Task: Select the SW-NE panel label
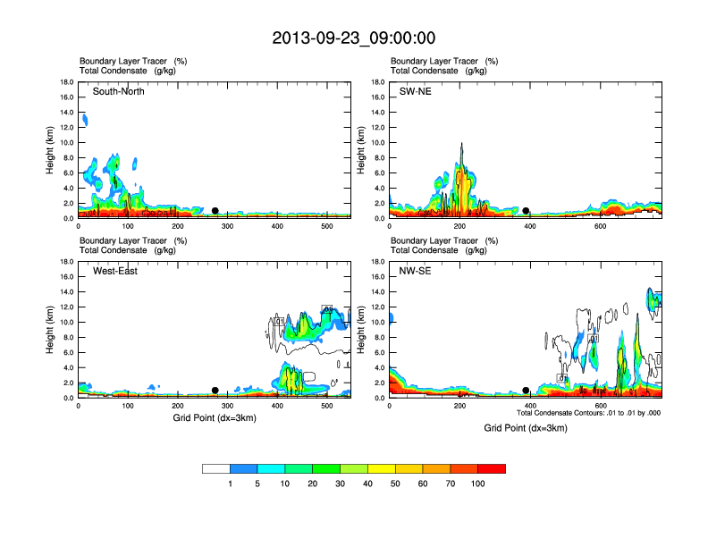415,91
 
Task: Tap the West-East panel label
115,271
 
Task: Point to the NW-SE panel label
415,271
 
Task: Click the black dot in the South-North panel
215,211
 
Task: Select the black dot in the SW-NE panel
526,211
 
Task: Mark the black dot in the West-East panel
215,391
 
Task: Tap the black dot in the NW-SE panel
526,391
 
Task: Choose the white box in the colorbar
216,468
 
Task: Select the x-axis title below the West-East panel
215,418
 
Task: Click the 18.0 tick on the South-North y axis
67,82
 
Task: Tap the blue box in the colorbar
244,468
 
